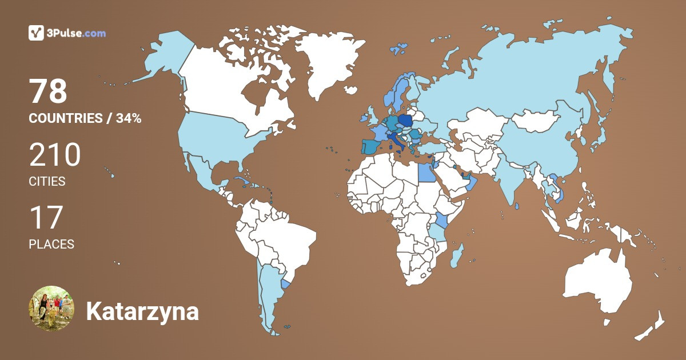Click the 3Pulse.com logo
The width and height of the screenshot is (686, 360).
point(67,33)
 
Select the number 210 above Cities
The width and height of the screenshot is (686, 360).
point(55,155)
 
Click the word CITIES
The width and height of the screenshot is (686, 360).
point(47,182)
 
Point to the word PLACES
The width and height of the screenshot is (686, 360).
point(51,244)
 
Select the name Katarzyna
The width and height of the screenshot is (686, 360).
point(142,312)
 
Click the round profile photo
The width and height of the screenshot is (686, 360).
point(51,309)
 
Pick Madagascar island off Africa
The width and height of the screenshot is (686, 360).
point(457,255)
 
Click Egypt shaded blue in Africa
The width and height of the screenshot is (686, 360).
point(425,172)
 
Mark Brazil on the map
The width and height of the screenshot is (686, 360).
point(286,240)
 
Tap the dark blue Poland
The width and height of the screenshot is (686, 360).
point(405,121)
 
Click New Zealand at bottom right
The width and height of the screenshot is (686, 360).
point(652,326)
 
